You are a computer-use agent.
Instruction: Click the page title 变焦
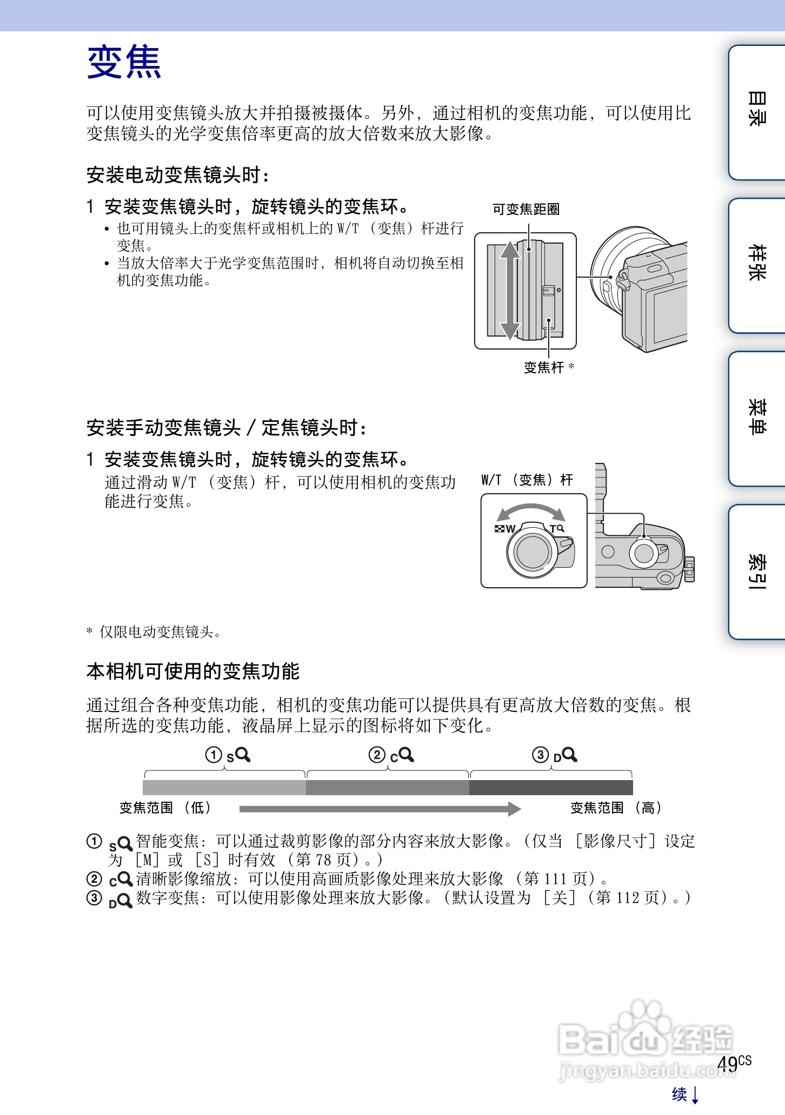click(x=124, y=62)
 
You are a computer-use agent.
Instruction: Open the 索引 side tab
click(x=756, y=570)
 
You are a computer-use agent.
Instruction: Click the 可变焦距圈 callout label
click(x=525, y=210)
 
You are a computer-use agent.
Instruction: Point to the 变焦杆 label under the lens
click(x=543, y=368)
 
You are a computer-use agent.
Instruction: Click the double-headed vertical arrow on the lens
click(x=509, y=290)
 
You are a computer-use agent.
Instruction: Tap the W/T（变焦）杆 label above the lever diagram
click(x=527, y=480)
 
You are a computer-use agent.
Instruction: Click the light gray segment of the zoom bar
click(x=224, y=787)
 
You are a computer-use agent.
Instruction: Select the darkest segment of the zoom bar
click(x=551, y=787)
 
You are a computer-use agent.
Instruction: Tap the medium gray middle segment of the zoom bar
click(x=387, y=787)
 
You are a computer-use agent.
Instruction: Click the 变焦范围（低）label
click(x=164, y=808)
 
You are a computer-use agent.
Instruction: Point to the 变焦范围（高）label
click(x=616, y=808)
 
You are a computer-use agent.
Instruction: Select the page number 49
click(x=728, y=1064)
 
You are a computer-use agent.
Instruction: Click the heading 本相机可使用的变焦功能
click(x=193, y=671)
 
